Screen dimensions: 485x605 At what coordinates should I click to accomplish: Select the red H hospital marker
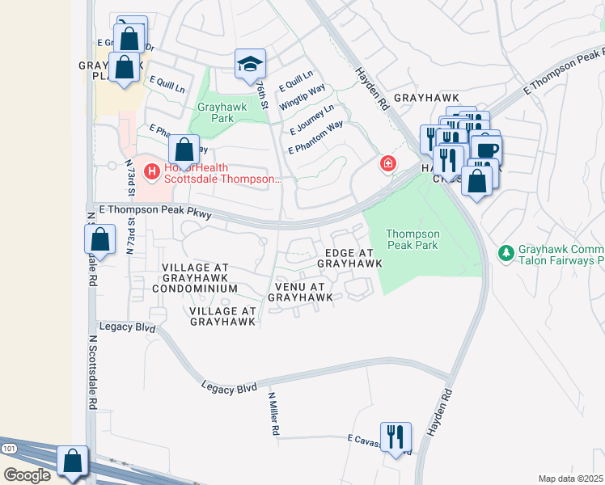(150, 171)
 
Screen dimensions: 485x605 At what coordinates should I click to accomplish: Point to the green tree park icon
(506, 254)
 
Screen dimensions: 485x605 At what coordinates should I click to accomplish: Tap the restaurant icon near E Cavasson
(396, 436)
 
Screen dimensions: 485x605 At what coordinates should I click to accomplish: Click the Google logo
(27, 475)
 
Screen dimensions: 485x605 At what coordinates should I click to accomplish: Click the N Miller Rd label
(274, 415)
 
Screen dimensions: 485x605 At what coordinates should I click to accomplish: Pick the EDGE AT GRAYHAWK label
(349, 258)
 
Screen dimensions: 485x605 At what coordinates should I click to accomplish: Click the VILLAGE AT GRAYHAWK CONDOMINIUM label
(199, 277)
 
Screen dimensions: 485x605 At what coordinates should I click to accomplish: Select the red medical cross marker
(389, 165)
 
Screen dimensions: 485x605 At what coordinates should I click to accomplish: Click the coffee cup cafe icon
(487, 150)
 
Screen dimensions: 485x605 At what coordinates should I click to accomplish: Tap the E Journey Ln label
(311, 120)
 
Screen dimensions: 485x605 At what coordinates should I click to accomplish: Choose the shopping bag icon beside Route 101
(73, 462)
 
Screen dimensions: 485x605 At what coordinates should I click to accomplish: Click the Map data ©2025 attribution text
(570, 479)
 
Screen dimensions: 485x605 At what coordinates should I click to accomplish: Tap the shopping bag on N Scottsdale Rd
(99, 239)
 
